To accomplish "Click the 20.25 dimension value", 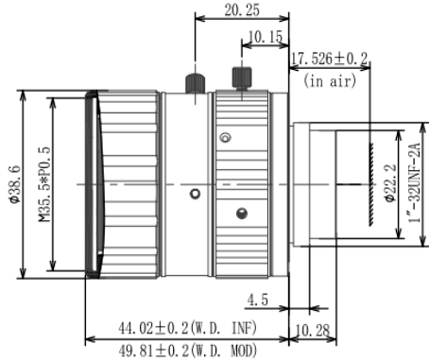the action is tap(242, 10).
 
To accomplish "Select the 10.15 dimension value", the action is tap(266, 37).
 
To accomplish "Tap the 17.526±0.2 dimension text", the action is tap(329, 59).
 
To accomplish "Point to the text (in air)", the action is tap(330, 80).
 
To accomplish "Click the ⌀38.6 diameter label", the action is tap(15, 184).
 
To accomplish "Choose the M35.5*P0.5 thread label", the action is tap(44, 184).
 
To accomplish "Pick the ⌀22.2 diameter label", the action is tap(389, 183).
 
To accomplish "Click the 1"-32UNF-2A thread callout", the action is tap(414, 182).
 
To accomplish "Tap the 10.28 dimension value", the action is tap(312, 331).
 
